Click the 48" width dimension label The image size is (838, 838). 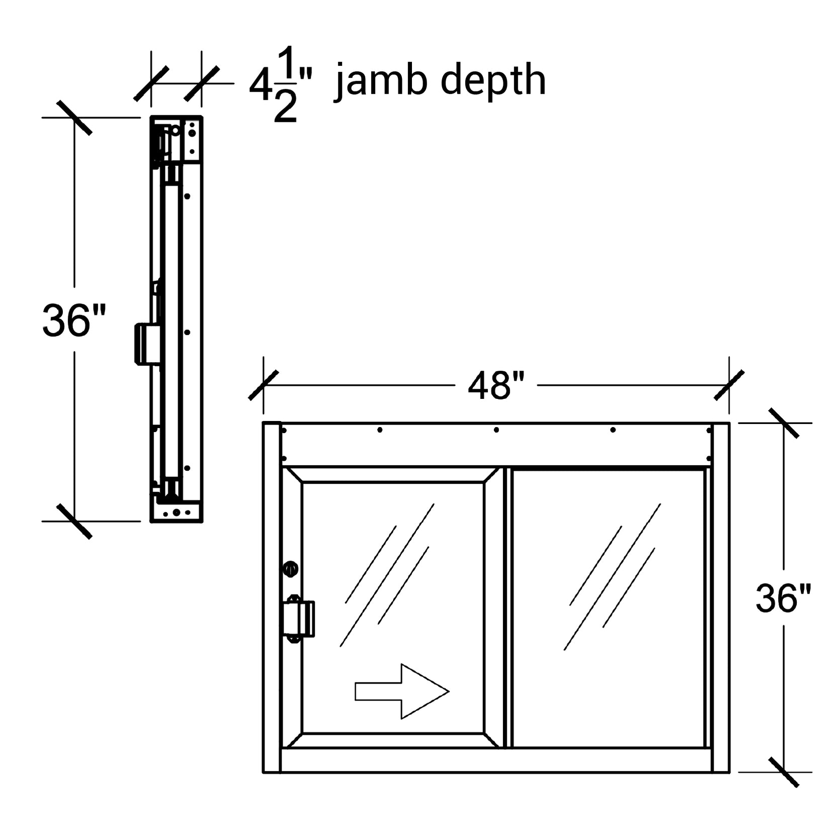pos(495,386)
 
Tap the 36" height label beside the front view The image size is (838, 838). pos(783,598)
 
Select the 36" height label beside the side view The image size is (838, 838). pos(74,320)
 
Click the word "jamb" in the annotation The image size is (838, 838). pos(382,80)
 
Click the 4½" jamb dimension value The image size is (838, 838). pos(280,85)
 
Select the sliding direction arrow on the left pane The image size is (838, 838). pos(401,691)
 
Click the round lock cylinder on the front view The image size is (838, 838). pos(291,569)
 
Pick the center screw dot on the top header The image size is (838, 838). pos(496,430)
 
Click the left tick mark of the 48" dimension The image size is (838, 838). pos(263,385)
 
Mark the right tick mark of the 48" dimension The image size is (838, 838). pos(729,385)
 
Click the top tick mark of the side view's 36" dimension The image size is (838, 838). pos(74,118)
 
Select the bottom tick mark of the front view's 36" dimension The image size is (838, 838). pos(784,772)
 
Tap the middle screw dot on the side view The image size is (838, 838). pos(187,332)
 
